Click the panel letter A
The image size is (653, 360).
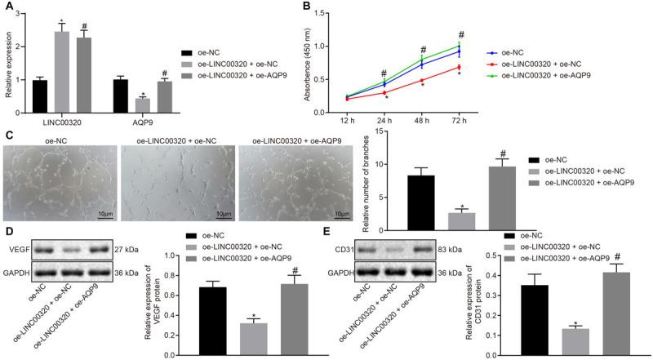(x=7, y=7)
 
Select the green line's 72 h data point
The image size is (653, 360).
(x=460, y=46)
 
